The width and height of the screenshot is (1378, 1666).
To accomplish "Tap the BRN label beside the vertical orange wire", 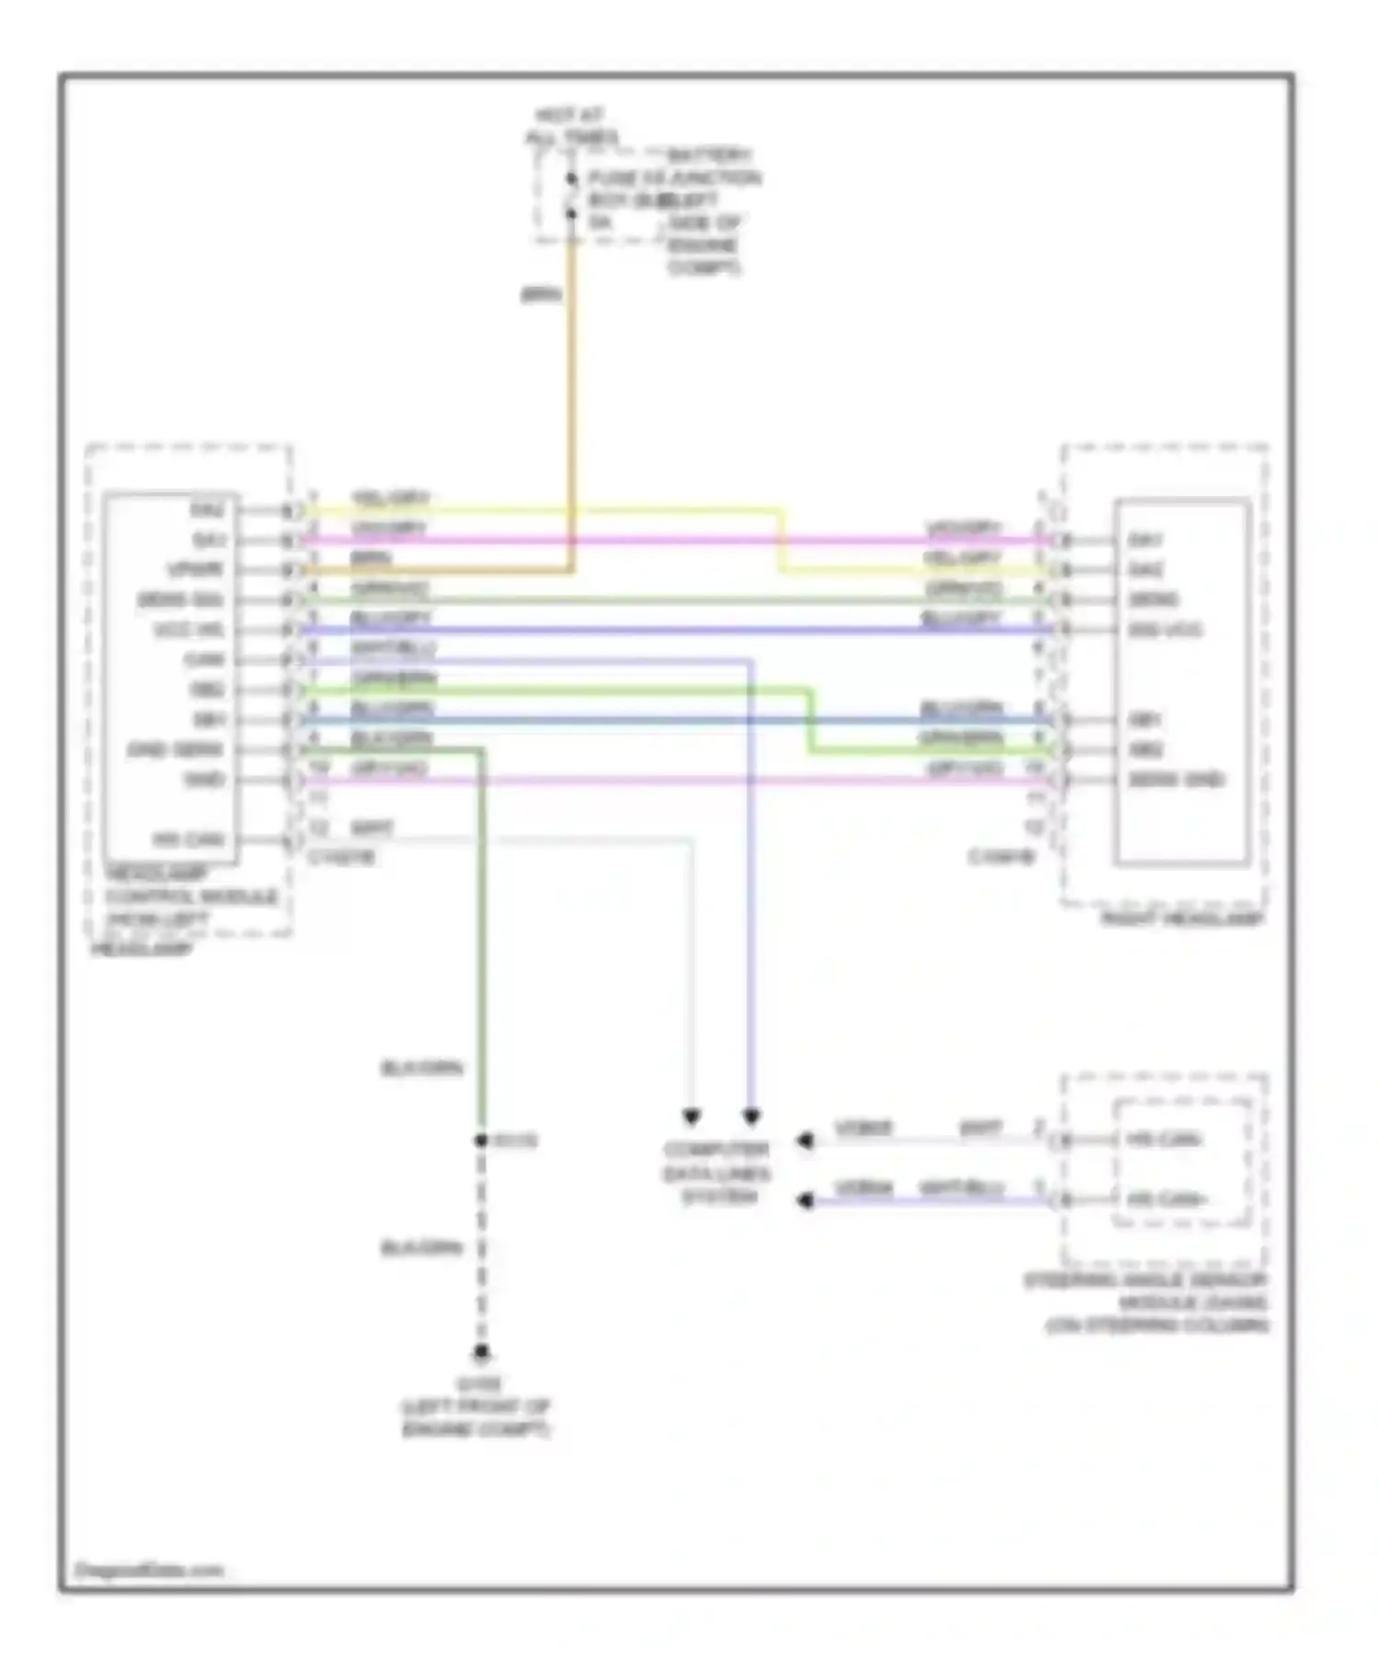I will (x=540, y=295).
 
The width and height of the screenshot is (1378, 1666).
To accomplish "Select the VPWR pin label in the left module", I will (x=195, y=569).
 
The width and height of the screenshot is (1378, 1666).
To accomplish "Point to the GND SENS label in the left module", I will (x=175, y=749).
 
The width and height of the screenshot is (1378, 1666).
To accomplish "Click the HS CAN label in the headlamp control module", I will (x=188, y=839).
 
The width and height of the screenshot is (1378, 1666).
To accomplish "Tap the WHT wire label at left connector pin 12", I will (x=372, y=828).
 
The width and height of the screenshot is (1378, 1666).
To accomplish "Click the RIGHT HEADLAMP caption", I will (x=1182, y=918).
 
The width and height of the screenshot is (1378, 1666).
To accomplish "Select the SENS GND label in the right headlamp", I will (x=1176, y=780).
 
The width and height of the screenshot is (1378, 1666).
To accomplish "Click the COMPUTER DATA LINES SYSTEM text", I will (x=717, y=1173).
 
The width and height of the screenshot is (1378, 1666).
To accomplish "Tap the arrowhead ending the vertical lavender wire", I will (x=751, y=1118).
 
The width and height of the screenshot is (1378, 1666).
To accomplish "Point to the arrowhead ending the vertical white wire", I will (x=691, y=1118).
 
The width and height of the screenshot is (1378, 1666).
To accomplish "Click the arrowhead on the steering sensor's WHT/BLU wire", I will (x=805, y=1200).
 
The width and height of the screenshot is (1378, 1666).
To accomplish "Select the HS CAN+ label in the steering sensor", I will (x=1166, y=1199).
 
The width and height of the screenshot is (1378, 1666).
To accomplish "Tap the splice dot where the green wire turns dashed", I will (x=480, y=1141).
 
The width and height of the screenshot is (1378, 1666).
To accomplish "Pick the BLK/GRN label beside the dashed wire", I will (x=422, y=1248).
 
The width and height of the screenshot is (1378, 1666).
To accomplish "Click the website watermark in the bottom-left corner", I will (x=148, y=1570).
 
